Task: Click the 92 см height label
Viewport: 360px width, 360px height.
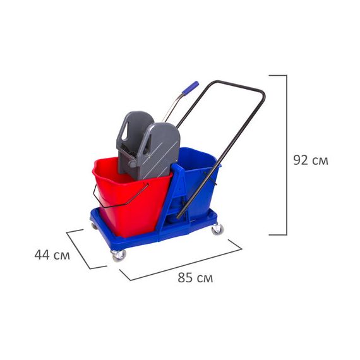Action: [x=311, y=160]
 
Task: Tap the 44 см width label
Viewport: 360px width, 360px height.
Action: [x=52, y=255]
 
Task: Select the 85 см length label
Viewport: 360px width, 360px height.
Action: [x=195, y=277]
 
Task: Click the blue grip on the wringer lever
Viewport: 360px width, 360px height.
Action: [x=190, y=88]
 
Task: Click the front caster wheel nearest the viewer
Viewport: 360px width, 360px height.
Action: [x=119, y=256]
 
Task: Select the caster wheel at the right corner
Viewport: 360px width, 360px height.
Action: [x=217, y=229]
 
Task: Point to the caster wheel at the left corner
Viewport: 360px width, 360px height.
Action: [x=94, y=225]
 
